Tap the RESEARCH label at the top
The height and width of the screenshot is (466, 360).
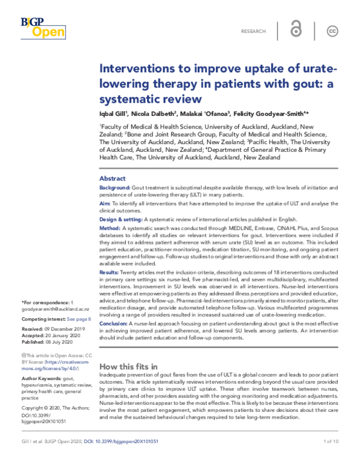[254, 31]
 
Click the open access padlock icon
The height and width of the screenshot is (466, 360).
[296, 31]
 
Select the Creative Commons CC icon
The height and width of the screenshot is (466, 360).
[331, 31]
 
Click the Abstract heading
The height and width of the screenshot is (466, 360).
[112, 178]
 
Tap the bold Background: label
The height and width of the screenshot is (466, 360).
[115, 188]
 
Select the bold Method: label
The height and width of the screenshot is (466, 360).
[110, 229]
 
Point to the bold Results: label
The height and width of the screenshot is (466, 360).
[110, 273]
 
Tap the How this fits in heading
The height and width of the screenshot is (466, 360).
[128, 366]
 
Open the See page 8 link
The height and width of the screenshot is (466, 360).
[79, 319]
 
